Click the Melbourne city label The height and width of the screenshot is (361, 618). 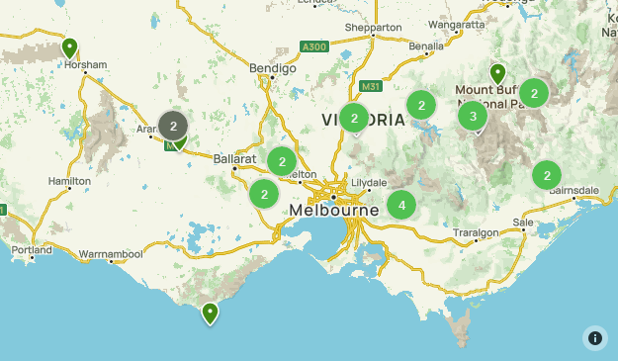coord(336,212)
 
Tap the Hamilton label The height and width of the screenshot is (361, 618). coord(69,181)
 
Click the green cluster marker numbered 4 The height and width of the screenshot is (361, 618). coord(401,206)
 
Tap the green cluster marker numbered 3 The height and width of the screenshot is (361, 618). coord(473,117)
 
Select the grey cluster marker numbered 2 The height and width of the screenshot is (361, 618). coord(173,126)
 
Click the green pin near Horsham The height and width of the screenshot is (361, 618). coord(69,46)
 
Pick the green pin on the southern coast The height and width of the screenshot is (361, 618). coord(210,313)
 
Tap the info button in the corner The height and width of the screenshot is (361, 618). coord(595,337)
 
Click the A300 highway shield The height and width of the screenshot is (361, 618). coord(314,45)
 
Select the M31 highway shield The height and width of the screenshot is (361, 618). coord(371,86)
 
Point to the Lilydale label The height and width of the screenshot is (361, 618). coord(370,183)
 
